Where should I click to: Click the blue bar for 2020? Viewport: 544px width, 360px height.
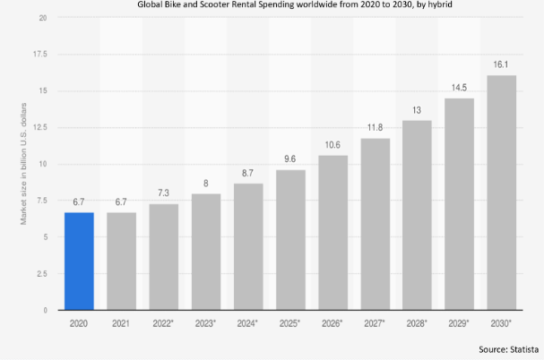(78, 261)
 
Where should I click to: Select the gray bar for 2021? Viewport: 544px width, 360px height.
(120, 261)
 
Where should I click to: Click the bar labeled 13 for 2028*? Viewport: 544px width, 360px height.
(416, 215)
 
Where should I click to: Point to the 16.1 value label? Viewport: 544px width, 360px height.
(501, 65)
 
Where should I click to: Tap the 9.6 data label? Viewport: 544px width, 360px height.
(289, 160)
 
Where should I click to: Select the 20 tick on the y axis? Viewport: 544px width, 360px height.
(43, 17)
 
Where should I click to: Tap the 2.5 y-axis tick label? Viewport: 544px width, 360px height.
(40, 274)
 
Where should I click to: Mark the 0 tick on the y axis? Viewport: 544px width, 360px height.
(45, 310)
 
